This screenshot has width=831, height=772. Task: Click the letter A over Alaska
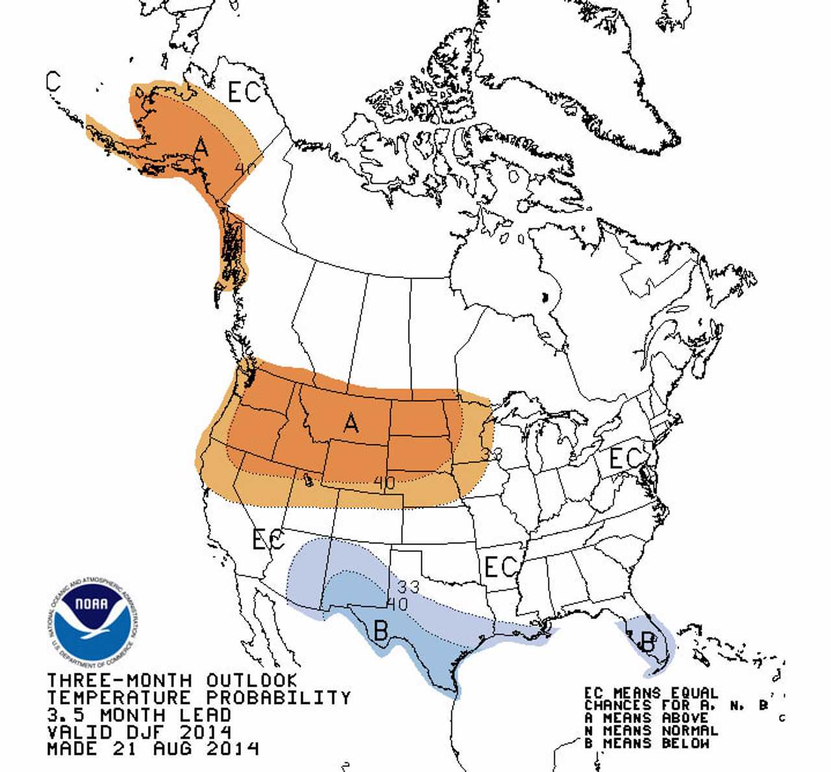pyautogui.click(x=202, y=147)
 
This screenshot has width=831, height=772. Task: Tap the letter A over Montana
pyautogui.click(x=351, y=423)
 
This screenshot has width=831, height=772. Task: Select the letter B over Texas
pyautogui.click(x=381, y=629)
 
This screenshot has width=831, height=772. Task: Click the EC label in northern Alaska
pyautogui.click(x=244, y=93)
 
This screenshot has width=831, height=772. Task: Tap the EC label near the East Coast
pyautogui.click(x=625, y=458)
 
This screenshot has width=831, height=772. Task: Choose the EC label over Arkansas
pyautogui.click(x=501, y=567)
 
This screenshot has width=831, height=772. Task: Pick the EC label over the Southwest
pyautogui.click(x=267, y=539)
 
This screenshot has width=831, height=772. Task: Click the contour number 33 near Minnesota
pyautogui.click(x=491, y=454)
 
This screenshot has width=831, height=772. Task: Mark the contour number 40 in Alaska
pyautogui.click(x=245, y=169)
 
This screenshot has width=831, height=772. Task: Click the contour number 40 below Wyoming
pyautogui.click(x=384, y=482)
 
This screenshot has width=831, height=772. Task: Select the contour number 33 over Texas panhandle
pyautogui.click(x=409, y=587)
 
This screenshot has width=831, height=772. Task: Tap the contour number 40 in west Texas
pyautogui.click(x=397, y=604)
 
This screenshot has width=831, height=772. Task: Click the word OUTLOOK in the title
pyautogui.click(x=252, y=680)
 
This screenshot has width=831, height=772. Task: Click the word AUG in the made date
pyautogui.click(x=175, y=749)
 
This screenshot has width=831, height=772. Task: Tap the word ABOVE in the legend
pyautogui.click(x=686, y=718)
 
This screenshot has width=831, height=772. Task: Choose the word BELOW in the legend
pyautogui.click(x=686, y=743)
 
